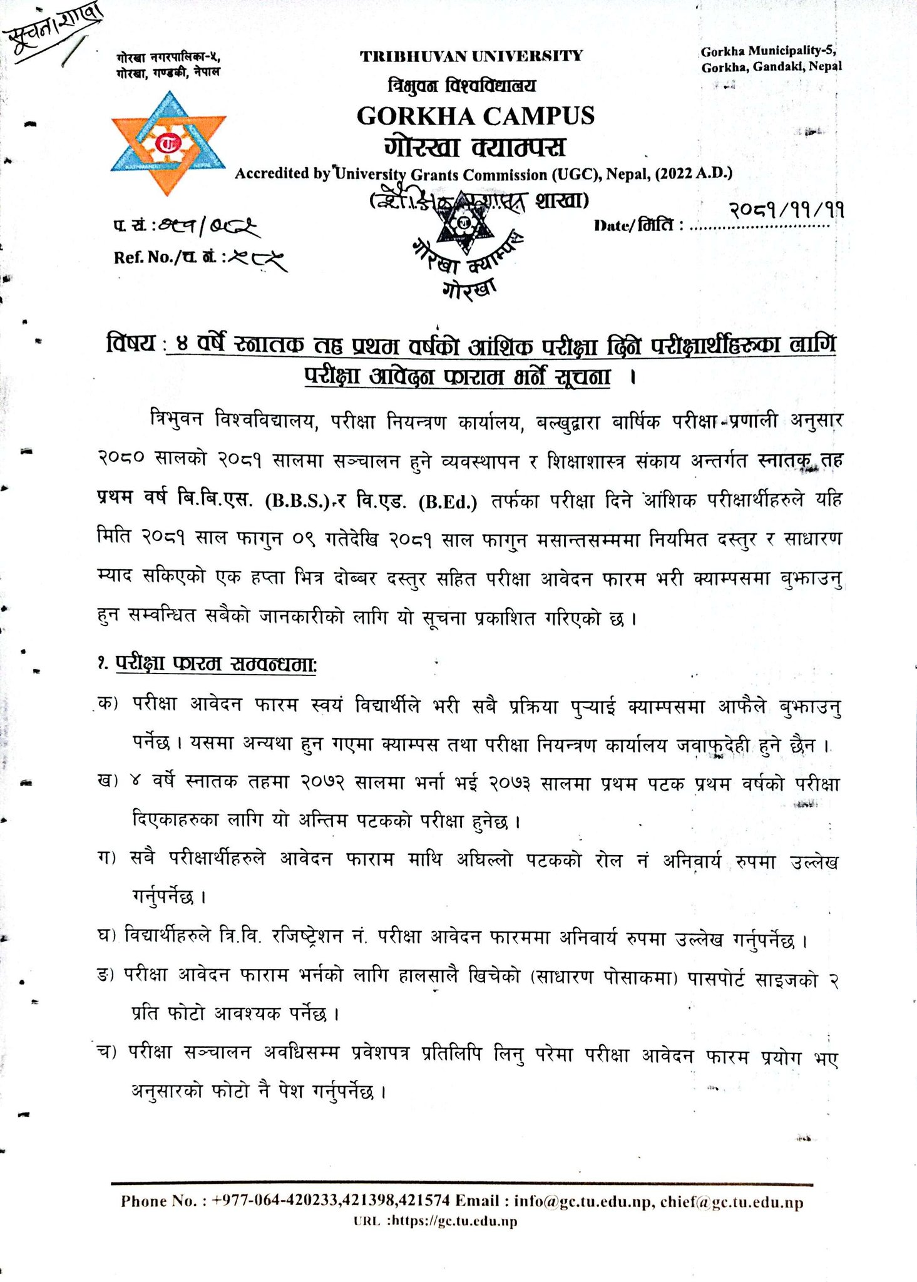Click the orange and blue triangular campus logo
[168, 143]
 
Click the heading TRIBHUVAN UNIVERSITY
[471, 56]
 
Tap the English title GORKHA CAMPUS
[475, 116]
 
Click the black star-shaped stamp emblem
[463, 222]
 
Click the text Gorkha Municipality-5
[768, 51]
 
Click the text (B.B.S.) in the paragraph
[297, 502]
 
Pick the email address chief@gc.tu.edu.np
[732, 1202]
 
